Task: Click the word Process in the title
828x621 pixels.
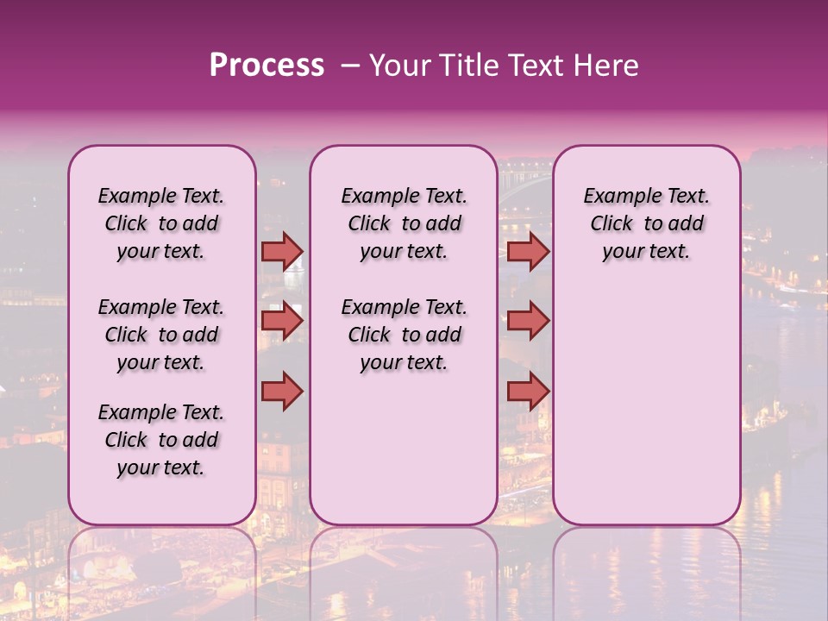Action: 267,66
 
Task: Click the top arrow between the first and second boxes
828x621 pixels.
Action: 282,251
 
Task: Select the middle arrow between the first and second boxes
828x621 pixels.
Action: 282,322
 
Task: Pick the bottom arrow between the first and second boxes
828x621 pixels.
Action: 282,391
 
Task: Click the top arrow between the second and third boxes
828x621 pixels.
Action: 528,251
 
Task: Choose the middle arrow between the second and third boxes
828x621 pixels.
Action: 528,322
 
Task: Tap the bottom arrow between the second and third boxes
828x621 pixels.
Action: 528,391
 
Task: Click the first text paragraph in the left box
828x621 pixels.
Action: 161,223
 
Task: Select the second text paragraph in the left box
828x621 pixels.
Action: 161,335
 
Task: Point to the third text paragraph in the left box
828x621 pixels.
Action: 161,440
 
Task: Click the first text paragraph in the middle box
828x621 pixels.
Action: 404,223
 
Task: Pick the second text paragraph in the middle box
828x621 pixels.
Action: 404,335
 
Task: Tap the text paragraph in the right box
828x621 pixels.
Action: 647,223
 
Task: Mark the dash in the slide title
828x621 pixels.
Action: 349,66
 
